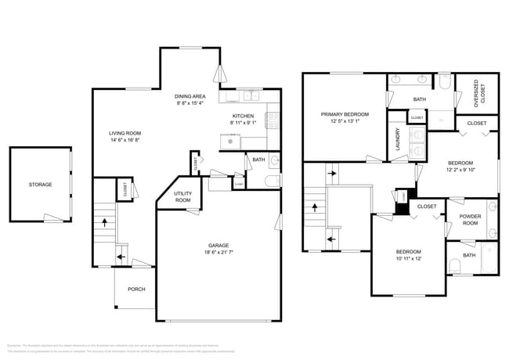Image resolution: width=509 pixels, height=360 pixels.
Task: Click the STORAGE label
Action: (x=40, y=185)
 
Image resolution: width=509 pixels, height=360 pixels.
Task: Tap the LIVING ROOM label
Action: (x=124, y=134)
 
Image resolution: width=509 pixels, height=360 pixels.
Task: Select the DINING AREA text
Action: (x=190, y=95)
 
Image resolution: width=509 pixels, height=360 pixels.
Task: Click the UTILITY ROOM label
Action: (x=182, y=197)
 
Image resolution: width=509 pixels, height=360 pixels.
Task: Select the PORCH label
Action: (x=136, y=289)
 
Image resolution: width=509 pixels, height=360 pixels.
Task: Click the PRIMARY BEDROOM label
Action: (x=345, y=113)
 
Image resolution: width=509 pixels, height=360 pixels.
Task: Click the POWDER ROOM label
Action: (x=470, y=220)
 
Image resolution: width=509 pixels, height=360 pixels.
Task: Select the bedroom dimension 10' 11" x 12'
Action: (x=408, y=258)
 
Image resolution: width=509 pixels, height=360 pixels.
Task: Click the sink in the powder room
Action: (x=491, y=210)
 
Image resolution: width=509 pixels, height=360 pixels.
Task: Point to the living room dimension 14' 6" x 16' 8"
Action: (x=124, y=142)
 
